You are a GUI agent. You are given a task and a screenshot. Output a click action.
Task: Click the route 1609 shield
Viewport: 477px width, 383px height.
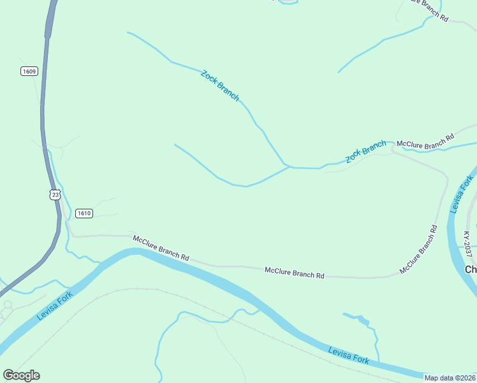pos(29,71)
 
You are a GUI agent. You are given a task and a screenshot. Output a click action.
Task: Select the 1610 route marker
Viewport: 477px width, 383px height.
pos(84,213)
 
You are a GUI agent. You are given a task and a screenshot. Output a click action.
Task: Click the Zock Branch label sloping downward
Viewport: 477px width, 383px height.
pos(220,86)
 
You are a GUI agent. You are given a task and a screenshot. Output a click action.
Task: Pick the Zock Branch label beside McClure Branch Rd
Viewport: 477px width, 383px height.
pos(366,152)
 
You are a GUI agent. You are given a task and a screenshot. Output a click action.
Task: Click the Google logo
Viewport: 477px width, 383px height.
pos(21,375)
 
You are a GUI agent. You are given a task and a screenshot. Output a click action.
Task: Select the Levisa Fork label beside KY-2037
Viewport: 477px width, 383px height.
pos(460,194)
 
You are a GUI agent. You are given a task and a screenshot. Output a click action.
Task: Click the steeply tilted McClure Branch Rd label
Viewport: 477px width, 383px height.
pos(418,250)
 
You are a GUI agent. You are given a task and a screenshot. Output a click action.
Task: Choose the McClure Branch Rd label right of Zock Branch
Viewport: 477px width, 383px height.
pos(425,141)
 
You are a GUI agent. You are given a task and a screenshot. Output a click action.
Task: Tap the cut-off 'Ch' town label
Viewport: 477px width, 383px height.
pos(471,269)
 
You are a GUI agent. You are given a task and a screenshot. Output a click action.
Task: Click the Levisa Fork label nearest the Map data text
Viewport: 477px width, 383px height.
pos(349,356)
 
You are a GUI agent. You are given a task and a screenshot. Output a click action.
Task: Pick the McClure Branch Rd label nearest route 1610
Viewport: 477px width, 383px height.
pos(161,248)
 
